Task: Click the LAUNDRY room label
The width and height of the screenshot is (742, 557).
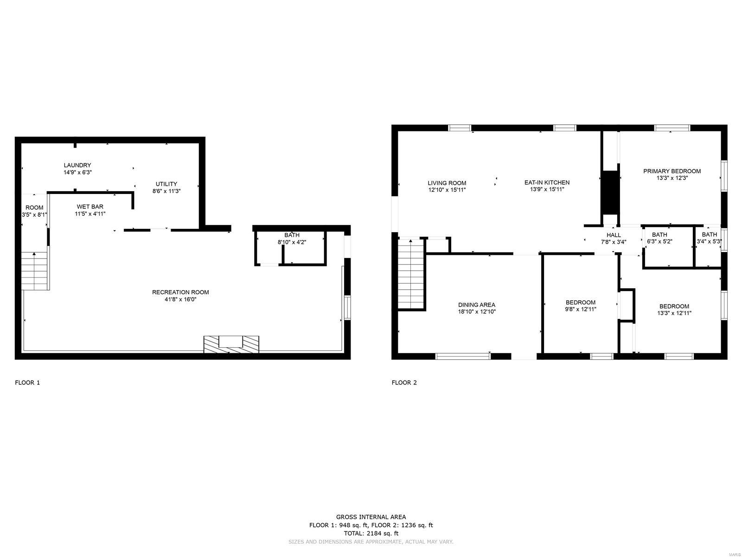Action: click(x=77, y=165)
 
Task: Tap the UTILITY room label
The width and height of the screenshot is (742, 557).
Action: click(x=166, y=184)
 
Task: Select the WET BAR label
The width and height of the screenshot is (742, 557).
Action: click(x=90, y=206)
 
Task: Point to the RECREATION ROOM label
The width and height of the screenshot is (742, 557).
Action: click(x=180, y=292)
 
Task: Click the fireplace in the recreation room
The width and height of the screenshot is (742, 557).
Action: click(x=231, y=344)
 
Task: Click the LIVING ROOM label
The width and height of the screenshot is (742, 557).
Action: click(x=447, y=183)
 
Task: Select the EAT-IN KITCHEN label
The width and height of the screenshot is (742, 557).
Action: click(x=547, y=182)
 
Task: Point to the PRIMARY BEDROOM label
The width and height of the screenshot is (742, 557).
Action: click(x=672, y=171)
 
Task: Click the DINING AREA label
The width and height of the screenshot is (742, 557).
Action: click(x=477, y=304)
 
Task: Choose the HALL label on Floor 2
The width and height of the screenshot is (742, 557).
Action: click(x=614, y=235)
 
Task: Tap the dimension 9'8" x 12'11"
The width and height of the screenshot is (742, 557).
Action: click(x=581, y=309)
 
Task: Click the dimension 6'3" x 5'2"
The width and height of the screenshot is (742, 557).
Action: click(x=659, y=241)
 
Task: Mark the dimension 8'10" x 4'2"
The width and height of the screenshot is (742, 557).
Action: click(x=292, y=242)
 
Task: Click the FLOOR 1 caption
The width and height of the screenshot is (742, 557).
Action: click(x=27, y=382)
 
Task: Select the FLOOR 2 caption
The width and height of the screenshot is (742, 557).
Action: click(x=404, y=382)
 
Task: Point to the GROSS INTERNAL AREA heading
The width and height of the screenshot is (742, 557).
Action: click(x=371, y=517)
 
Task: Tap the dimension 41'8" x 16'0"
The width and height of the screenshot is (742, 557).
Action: click(x=180, y=299)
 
